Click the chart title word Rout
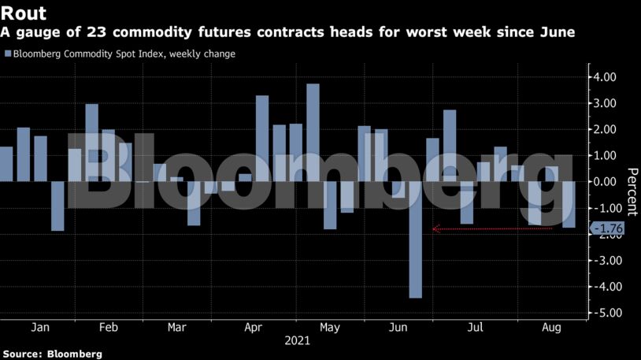23,13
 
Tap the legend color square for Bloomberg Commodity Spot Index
7,54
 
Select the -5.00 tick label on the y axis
607,313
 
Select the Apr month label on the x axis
254,327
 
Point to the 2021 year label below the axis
297,342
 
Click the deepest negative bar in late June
416,239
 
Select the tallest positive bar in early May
313,132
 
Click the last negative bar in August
569,205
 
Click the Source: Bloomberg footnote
52,354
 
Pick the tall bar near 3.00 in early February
91,143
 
